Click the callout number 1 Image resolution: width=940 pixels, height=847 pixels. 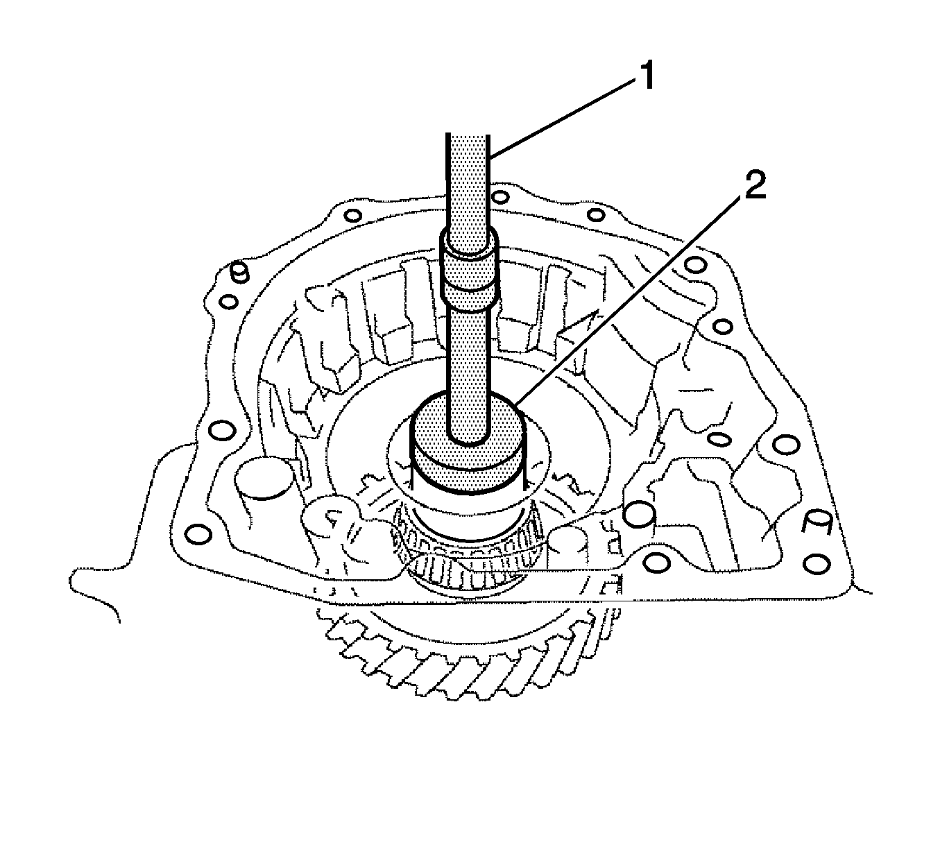tap(646, 76)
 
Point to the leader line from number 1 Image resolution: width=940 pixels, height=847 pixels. tap(562, 118)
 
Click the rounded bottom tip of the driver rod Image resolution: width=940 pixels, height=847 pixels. tap(469, 434)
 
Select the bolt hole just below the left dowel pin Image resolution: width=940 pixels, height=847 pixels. tap(227, 302)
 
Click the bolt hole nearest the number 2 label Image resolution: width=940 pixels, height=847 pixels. tap(693, 264)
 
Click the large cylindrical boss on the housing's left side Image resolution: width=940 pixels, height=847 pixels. tap(262, 479)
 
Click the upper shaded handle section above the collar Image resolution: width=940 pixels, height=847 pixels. tap(468, 187)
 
